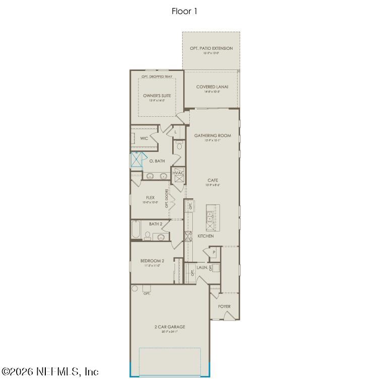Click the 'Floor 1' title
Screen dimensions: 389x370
pyautogui.click(x=184, y=11)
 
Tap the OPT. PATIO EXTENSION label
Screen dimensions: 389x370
pyautogui.click(x=211, y=48)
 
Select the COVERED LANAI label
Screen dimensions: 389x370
pyautogui.click(x=212, y=87)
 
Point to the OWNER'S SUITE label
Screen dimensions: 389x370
pyautogui.click(x=157, y=96)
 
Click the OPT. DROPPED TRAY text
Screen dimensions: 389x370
pyautogui.click(x=157, y=76)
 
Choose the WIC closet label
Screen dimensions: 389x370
pyautogui.click(x=144, y=138)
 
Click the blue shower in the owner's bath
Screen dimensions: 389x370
pyautogui.click(x=136, y=160)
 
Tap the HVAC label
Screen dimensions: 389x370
pyautogui.click(x=179, y=173)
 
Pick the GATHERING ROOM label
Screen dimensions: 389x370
pyautogui.click(x=212, y=135)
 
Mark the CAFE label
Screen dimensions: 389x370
pyautogui.click(x=212, y=180)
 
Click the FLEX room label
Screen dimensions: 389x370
pyautogui.click(x=150, y=198)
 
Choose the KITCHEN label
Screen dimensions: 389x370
pyautogui.click(x=205, y=236)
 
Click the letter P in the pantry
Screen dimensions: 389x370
pyautogui.click(x=213, y=252)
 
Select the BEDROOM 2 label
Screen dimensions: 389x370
pyautogui.click(x=152, y=261)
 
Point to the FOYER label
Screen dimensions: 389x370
pyautogui.click(x=224, y=306)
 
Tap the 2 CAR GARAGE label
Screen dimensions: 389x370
pyautogui.click(x=170, y=327)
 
